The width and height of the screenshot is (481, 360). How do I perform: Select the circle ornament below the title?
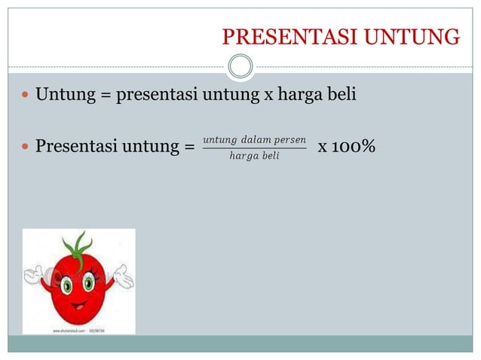[x=240, y=66]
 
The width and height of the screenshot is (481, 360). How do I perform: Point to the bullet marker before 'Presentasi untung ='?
[x=25, y=146]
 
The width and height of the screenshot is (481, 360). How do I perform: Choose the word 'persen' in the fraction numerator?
[x=290, y=139]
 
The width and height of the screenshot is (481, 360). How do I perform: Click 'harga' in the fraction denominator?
[x=243, y=156]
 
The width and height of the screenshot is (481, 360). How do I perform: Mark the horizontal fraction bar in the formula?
[x=254, y=148]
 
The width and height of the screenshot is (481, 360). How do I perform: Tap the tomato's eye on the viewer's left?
[x=66, y=285]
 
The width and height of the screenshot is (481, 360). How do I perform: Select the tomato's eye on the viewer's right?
[x=89, y=283]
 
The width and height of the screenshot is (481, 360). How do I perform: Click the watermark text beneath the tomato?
[x=78, y=330]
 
